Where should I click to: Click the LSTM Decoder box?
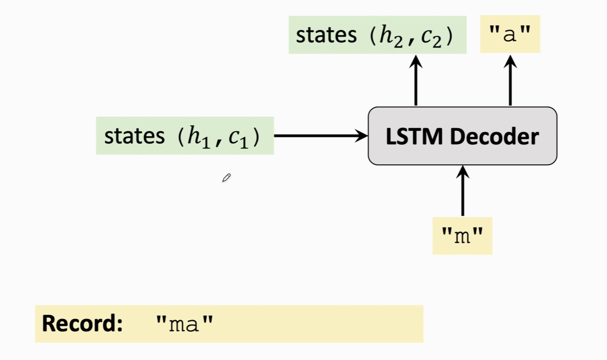[462, 136]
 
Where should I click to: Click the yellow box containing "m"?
[462, 236]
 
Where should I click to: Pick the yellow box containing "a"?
[510, 34]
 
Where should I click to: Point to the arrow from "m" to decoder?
[462, 191]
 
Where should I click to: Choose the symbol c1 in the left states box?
[238, 137]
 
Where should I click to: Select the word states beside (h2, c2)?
[326, 35]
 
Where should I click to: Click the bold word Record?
[82, 324]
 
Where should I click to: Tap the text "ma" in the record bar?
[184, 324]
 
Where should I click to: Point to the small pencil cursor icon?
[226, 178]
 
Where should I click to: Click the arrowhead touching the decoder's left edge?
[362, 136]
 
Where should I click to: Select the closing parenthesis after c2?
[449, 36]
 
